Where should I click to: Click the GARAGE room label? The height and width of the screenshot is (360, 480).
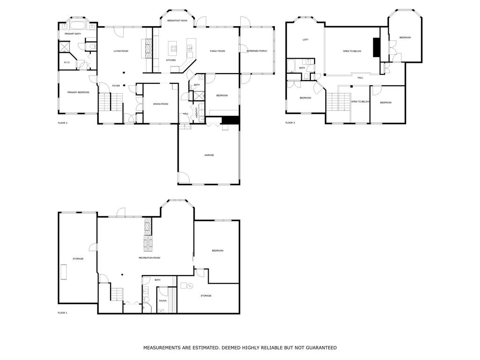pyautogui.click(x=209, y=155)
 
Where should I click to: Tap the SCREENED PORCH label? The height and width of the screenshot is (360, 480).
pyautogui.click(x=257, y=51)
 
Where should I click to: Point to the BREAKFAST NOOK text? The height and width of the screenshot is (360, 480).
pyautogui.click(x=177, y=21)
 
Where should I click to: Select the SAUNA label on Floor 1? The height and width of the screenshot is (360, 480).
pyautogui.click(x=163, y=300)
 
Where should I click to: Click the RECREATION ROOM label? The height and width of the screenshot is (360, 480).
pyautogui.click(x=150, y=258)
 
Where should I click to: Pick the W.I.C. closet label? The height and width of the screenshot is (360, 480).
pyautogui.click(x=67, y=62)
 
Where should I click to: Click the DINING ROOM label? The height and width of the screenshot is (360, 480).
pyautogui.click(x=161, y=104)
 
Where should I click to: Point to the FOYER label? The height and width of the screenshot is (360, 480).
pyautogui.click(x=116, y=86)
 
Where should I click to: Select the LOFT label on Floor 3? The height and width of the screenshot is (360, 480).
pyautogui.click(x=306, y=39)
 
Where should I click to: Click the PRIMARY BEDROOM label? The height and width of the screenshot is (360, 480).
pyautogui.click(x=78, y=92)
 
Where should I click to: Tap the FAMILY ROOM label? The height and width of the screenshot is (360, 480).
pyautogui.click(x=217, y=51)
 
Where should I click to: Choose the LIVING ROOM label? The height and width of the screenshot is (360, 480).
pyautogui.click(x=121, y=51)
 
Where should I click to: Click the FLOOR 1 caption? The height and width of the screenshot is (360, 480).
pyautogui.click(x=62, y=313)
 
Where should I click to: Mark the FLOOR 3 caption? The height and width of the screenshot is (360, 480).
pyautogui.click(x=290, y=123)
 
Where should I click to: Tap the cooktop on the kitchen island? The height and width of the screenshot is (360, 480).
pyautogui.click(x=173, y=48)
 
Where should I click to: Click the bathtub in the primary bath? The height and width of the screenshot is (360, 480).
pyautogui.click(x=79, y=25)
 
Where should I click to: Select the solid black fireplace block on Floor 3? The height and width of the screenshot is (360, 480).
pyautogui.click(x=376, y=47)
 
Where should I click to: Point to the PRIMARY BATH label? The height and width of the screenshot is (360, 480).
pyautogui.click(x=73, y=34)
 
